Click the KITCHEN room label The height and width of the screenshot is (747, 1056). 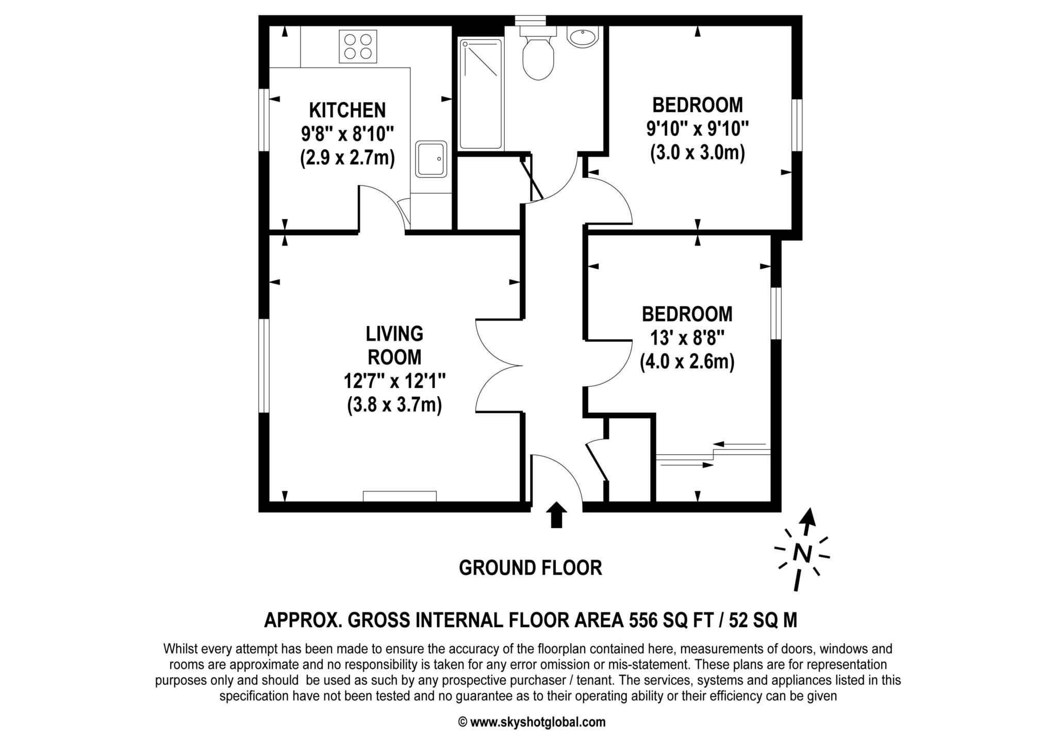click(347, 110)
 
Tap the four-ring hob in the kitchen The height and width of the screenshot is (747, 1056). click(358, 46)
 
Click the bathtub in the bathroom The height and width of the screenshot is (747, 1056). click(481, 94)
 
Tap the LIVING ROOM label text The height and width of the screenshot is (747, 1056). click(394, 345)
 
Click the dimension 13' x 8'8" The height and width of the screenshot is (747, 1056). click(687, 338)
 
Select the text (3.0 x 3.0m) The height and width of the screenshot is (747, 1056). click(697, 153)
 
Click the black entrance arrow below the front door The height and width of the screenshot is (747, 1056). click(556, 515)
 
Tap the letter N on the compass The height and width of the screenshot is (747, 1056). click(802, 553)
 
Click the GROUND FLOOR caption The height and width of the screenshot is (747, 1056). click(530, 568)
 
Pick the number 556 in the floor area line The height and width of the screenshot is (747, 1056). click(642, 620)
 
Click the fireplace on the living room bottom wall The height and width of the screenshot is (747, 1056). click(400, 496)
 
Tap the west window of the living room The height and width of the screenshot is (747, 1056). click(264, 366)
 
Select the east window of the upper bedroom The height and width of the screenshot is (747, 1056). click(797, 125)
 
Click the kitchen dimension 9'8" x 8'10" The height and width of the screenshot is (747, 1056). click(347, 134)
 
